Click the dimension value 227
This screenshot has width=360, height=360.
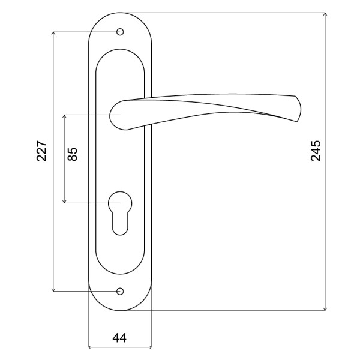(x=42, y=151)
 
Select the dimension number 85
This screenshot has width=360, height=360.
(x=73, y=154)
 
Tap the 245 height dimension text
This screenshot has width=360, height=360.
(x=316, y=151)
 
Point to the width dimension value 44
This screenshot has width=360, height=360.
(x=119, y=338)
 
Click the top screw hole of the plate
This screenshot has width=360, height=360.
(x=120, y=32)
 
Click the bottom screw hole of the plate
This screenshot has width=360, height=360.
(x=120, y=292)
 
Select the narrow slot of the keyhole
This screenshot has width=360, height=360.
(x=120, y=224)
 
